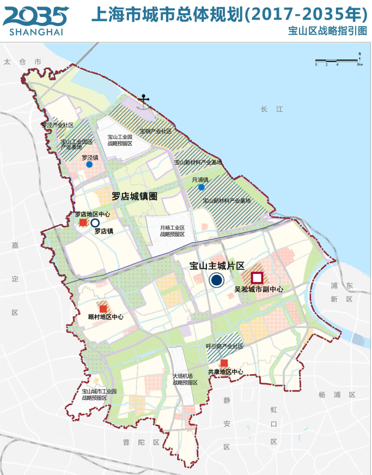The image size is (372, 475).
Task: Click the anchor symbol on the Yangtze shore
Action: pyautogui.click(x=144, y=100)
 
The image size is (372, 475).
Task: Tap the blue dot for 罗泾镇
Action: pyautogui.click(x=89, y=164)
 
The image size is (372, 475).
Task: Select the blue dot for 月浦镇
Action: pyautogui.click(x=202, y=187)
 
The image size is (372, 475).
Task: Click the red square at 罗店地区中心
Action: pyautogui.click(x=83, y=223)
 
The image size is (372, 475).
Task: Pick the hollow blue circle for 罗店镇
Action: pyautogui.click(x=95, y=223)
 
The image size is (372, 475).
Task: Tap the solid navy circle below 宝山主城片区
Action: pyautogui.click(x=217, y=280)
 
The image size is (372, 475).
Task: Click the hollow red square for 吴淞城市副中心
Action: pyautogui.click(x=257, y=277)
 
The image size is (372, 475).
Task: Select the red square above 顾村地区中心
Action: pyautogui.click(x=103, y=309)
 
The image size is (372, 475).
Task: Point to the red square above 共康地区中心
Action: pyautogui.click(x=224, y=363)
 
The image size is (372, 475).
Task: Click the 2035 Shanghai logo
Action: pyautogui.click(x=36, y=20)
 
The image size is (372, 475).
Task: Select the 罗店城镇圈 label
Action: pyautogui.click(x=134, y=196)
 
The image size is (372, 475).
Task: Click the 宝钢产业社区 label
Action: pyautogui.click(x=155, y=131)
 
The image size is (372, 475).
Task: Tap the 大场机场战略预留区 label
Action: pyautogui.click(x=185, y=379)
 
